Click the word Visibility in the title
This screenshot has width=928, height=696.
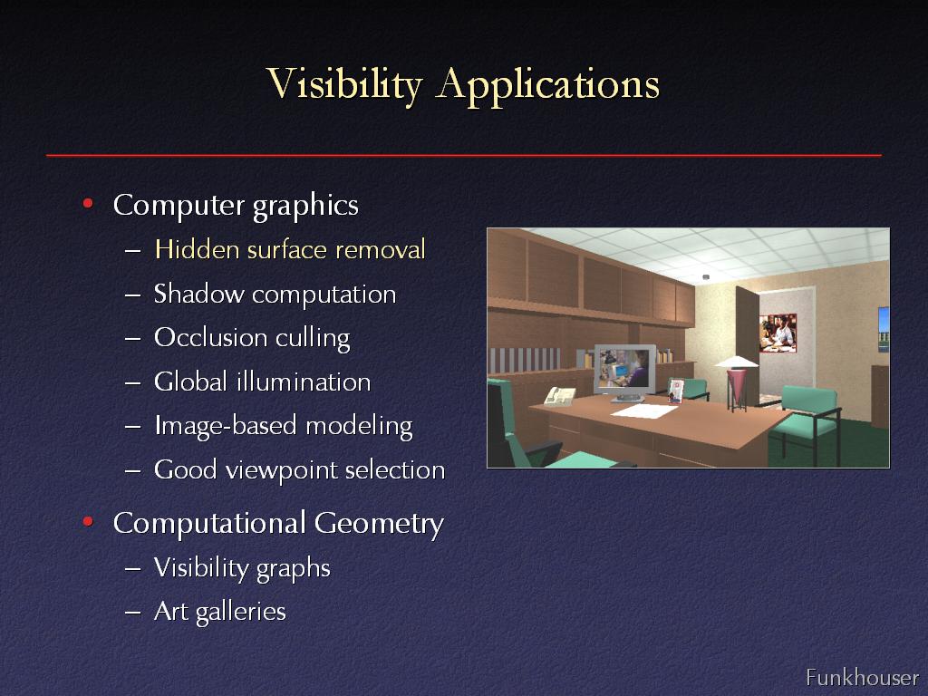(x=343, y=84)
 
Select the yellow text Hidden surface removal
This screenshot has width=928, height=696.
(x=290, y=249)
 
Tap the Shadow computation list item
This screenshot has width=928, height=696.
(x=275, y=295)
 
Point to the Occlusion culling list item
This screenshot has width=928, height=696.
(x=252, y=338)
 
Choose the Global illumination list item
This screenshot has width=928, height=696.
(x=262, y=382)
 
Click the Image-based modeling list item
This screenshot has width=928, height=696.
(x=284, y=426)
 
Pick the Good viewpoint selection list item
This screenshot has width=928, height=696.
(x=299, y=470)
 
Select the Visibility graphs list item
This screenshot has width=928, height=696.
(x=242, y=567)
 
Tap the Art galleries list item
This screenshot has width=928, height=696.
(x=220, y=612)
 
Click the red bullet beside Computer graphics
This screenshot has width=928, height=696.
(x=88, y=204)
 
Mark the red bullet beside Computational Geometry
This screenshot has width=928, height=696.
(x=88, y=522)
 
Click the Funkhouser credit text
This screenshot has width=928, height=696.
(x=862, y=677)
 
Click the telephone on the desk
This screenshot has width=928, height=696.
(x=559, y=396)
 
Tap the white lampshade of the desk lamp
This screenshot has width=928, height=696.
(x=736, y=362)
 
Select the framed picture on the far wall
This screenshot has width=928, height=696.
(x=778, y=333)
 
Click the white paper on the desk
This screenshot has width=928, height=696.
(x=643, y=411)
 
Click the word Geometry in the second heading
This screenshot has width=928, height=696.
(x=379, y=524)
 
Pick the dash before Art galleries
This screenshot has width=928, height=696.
(x=132, y=612)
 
